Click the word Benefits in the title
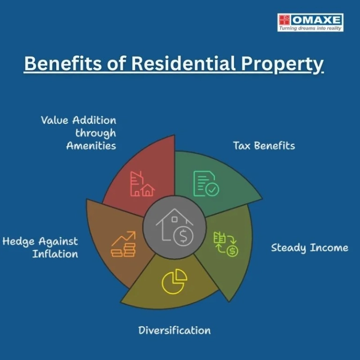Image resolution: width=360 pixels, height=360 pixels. click(63, 63)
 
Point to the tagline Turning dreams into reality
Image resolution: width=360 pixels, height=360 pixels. click(310, 28)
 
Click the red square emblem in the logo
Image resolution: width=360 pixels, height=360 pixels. click(284, 20)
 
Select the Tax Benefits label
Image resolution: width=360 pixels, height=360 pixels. click(264, 146)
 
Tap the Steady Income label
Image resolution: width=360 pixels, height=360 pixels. click(309, 248)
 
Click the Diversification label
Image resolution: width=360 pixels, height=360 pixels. click(174, 330)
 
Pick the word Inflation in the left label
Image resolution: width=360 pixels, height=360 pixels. click(55, 254)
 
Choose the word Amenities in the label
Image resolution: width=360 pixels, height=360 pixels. click(91, 146)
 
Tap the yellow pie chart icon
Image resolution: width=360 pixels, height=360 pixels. click(174, 282)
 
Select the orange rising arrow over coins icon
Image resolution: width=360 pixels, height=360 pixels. click(124, 244)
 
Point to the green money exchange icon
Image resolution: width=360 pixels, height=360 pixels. click(225, 244)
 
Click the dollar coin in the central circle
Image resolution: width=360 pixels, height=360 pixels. click(183, 236)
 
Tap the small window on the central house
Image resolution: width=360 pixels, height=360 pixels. click(174, 219)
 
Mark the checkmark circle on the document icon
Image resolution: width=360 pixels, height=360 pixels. click(212, 189)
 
